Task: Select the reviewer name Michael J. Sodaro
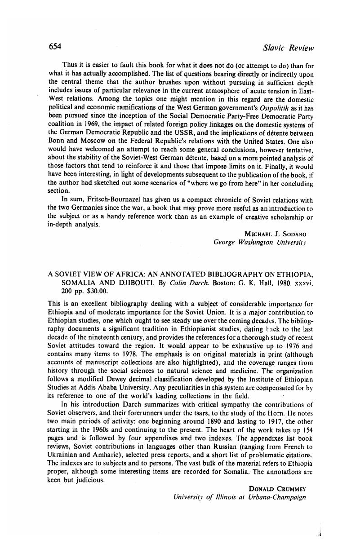click(275, 234)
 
